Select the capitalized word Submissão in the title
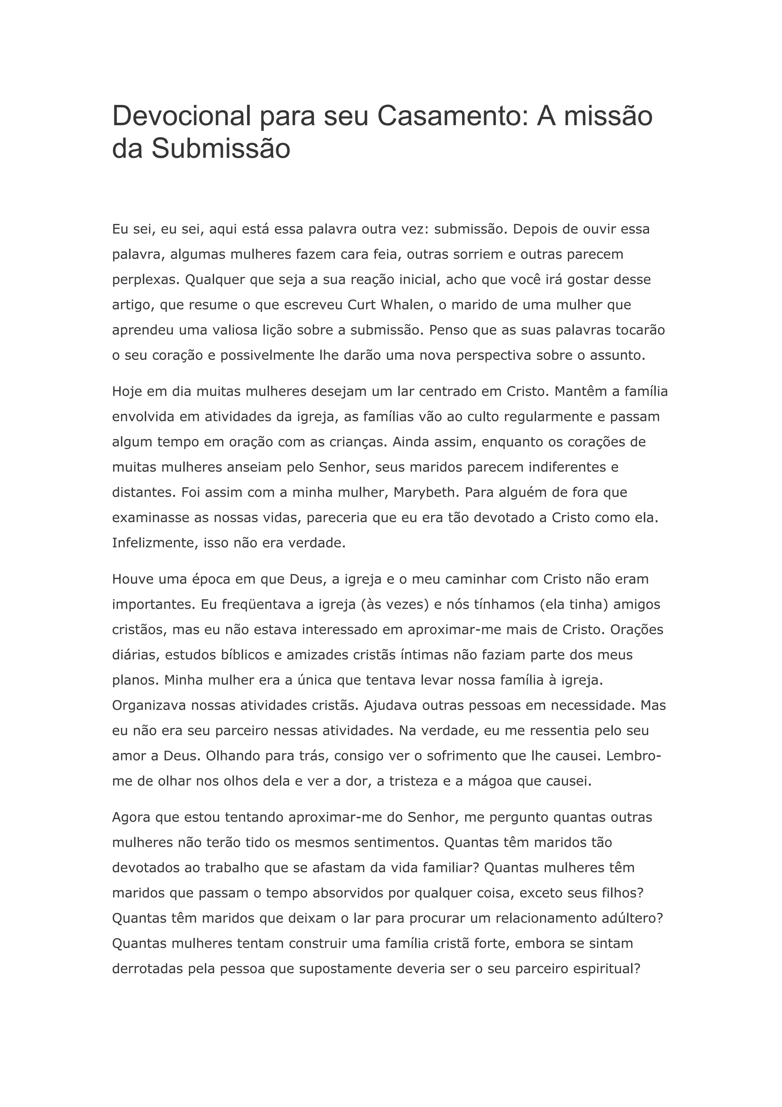click(221, 149)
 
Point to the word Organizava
click(149, 706)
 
